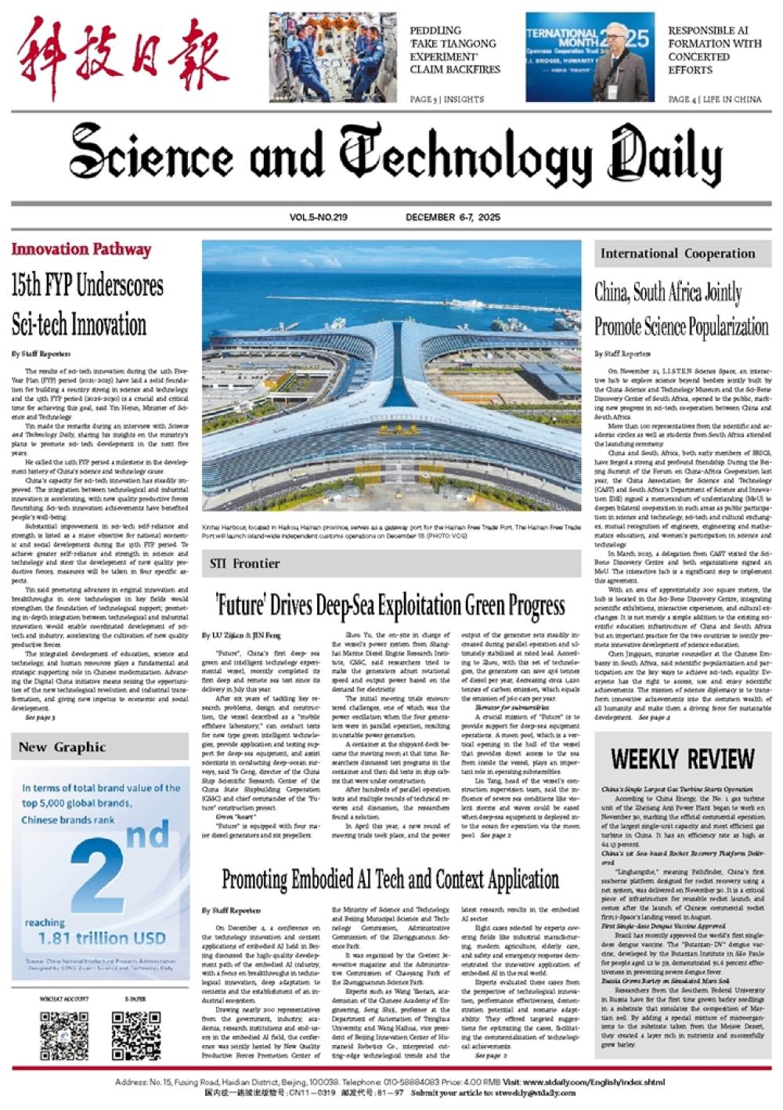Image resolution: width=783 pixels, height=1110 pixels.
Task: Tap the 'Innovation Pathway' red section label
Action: (x=81, y=250)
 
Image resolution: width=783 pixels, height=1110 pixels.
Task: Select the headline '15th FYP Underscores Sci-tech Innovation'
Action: (x=87, y=305)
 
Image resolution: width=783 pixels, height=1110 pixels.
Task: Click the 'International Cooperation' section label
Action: (x=677, y=254)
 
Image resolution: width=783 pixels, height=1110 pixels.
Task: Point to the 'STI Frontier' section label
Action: (x=244, y=563)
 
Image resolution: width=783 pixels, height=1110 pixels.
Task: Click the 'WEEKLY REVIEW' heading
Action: (x=682, y=759)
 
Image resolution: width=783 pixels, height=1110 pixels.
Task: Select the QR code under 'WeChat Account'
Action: (x=64, y=1035)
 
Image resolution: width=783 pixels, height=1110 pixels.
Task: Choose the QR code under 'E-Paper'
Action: (x=135, y=1035)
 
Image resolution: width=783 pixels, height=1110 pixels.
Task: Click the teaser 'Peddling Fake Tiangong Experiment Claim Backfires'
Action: (x=454, y=50)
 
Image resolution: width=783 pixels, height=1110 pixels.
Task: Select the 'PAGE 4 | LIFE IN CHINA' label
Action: (x=714, y=99)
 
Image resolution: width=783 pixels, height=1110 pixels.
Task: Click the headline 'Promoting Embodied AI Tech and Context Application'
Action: (x=390, y=880)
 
